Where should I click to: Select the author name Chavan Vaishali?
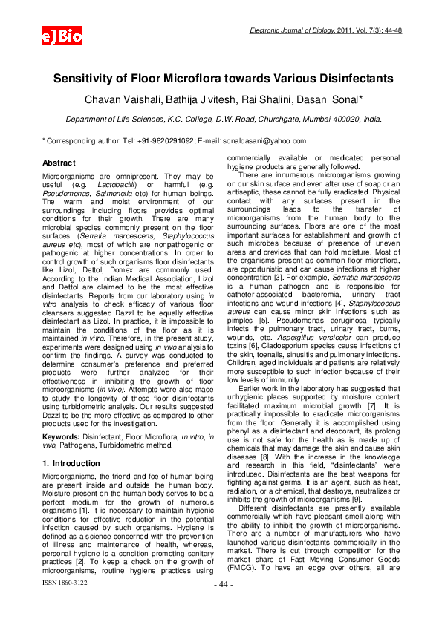(122, 99)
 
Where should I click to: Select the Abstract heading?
(59, 163)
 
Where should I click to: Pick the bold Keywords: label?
(62, 437)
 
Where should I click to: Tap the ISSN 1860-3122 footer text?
(65, 603)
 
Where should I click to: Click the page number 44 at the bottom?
(224, 606)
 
